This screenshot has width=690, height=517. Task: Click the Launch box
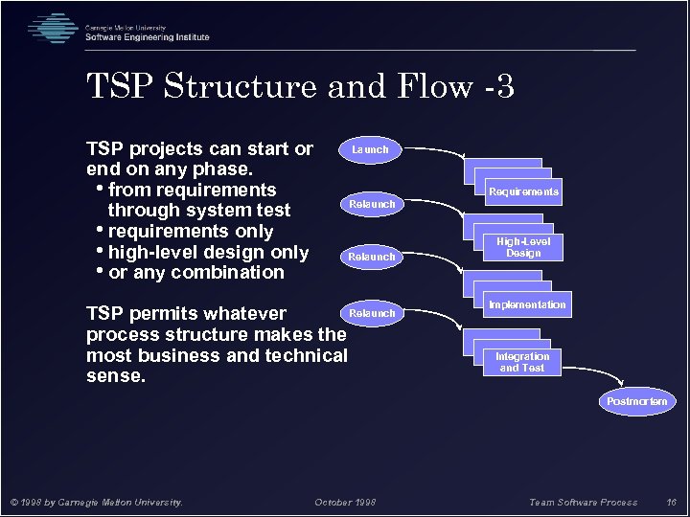[370, 149]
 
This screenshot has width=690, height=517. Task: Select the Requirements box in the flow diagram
[523, 191]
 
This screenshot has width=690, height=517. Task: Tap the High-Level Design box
[523, 248]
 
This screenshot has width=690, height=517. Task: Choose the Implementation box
[527, 304]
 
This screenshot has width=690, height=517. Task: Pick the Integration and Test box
[521, 362]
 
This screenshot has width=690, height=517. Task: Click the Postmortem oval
[636, 401]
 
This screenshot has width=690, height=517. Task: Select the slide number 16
[671, 503]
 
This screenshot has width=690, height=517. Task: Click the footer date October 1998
[345, 503]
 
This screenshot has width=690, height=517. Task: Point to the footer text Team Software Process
[583, 503]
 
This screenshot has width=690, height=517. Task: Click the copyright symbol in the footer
[13, 503]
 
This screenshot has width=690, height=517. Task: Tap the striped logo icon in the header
[53, 29]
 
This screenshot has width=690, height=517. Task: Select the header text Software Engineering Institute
[147, 37]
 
